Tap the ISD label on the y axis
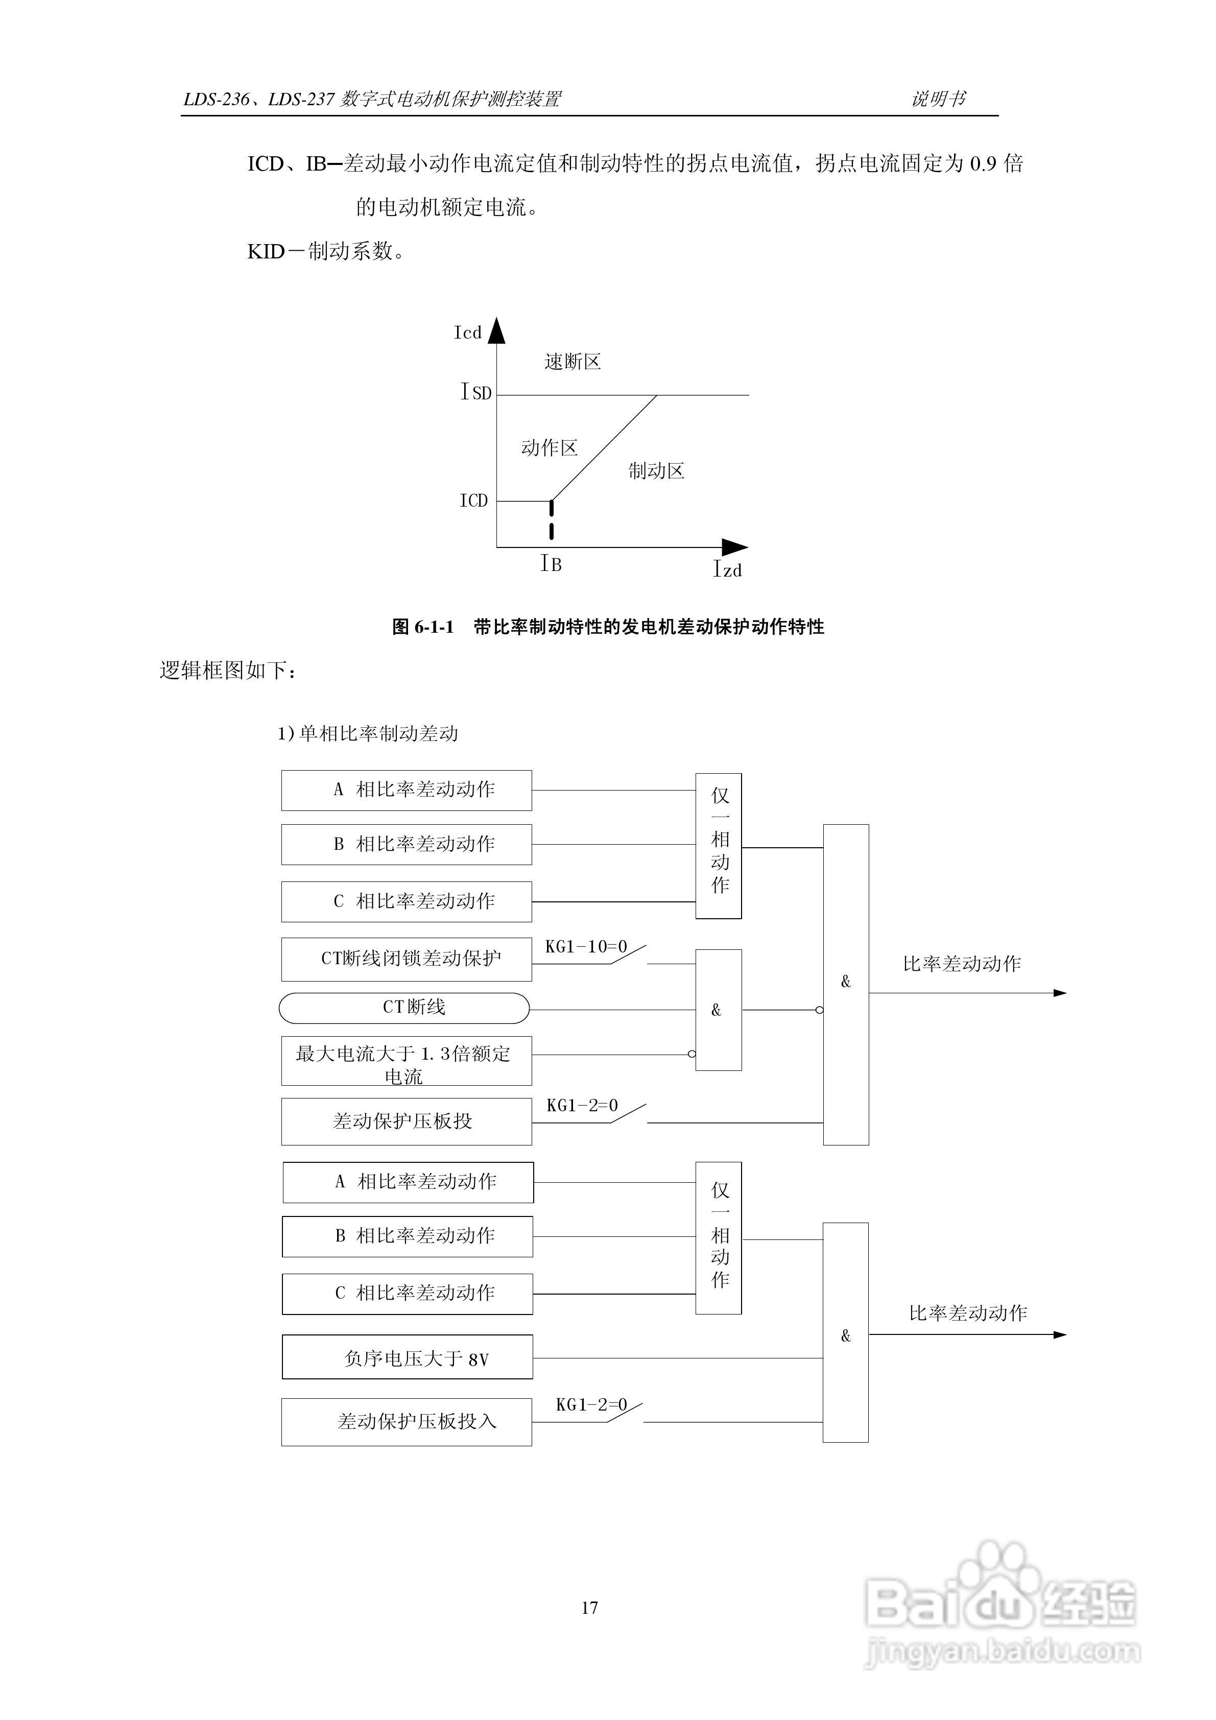476,392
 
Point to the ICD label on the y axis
473,500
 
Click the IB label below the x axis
552,564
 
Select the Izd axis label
727,569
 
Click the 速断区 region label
573,362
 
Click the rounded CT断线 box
404,1008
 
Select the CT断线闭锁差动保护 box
407,959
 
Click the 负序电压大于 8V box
408,1357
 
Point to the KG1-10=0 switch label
585,947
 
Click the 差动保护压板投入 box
407,1421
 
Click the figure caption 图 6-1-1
608,627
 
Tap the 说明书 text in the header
939,99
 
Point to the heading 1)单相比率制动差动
368,733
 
